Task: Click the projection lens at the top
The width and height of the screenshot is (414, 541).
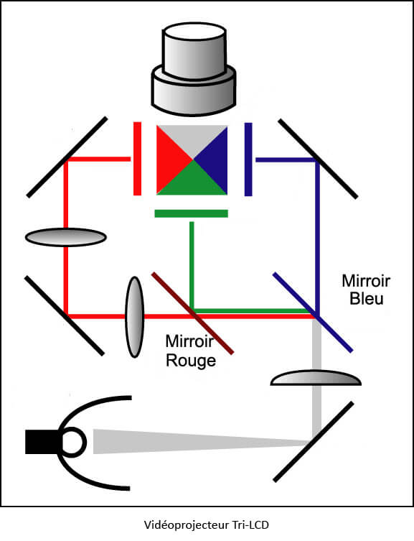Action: pos(194,69)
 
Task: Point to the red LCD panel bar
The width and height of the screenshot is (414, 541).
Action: pos(137,158)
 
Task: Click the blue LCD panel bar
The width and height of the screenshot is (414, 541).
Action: pos(248,159)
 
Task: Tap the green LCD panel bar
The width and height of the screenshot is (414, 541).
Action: pos(191,213)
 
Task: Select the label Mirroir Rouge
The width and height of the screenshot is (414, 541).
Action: pos(190,351)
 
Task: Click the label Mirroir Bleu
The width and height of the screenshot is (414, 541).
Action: pos(366,290)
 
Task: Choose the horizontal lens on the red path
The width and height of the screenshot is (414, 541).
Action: pos(65,237)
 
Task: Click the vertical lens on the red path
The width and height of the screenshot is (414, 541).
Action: pos(134,317)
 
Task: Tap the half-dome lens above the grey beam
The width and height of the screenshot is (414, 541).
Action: pos(316,378)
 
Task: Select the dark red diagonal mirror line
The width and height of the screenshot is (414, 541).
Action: pos(193,313)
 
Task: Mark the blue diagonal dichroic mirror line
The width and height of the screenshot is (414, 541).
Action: pos(313,313)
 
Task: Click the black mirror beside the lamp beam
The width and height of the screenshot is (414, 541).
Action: pos(314,442)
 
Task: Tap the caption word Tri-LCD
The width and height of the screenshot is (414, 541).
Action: pos(251,525)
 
